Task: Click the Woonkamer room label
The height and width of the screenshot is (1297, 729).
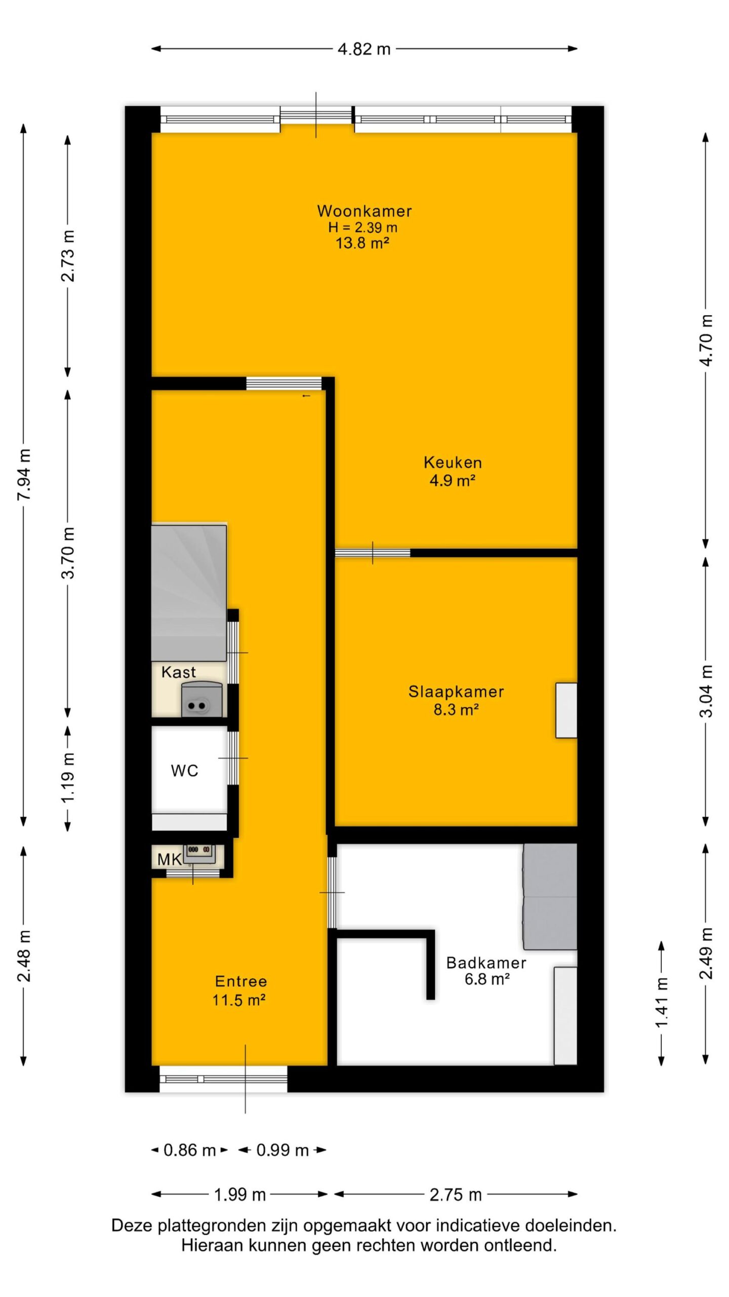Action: point(364,211)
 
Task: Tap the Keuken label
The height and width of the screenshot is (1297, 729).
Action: point(453,462)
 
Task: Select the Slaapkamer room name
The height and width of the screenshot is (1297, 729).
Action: point(456,692)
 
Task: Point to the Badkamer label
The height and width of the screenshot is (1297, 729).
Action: point(486,963)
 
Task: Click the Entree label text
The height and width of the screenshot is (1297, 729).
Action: point(241,981)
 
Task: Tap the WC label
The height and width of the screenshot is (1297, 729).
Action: point(184,771)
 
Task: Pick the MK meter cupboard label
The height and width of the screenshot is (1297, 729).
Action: point(170,859)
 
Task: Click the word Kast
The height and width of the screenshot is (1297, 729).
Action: point(178,672)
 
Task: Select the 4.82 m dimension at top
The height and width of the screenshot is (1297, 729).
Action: point(364,49)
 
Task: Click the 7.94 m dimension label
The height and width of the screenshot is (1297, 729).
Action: point(24,474)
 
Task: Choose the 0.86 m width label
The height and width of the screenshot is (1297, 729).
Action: point(190,1150)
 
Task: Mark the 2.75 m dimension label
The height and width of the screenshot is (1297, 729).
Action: point(456,1195)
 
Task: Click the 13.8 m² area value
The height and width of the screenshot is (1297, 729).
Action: point(362,243)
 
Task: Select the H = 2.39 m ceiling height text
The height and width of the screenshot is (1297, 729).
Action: point(362,227)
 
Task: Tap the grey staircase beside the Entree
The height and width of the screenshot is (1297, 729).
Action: point(189,592)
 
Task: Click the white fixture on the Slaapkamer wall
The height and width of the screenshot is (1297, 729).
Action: point(566,710)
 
